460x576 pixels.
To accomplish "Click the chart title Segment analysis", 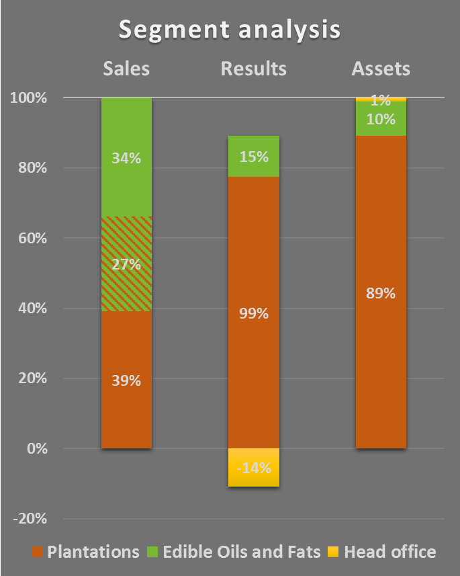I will [230, 30].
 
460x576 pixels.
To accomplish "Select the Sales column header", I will [126, 69].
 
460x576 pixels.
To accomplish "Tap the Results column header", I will [254, 69].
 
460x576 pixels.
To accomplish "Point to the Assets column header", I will [381, 69].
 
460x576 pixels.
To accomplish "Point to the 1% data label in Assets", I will [381, 101].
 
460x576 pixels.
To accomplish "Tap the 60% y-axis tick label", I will [32, 239].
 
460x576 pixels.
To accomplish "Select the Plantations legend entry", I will [85, 552].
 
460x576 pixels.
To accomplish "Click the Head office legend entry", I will [381, 552].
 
